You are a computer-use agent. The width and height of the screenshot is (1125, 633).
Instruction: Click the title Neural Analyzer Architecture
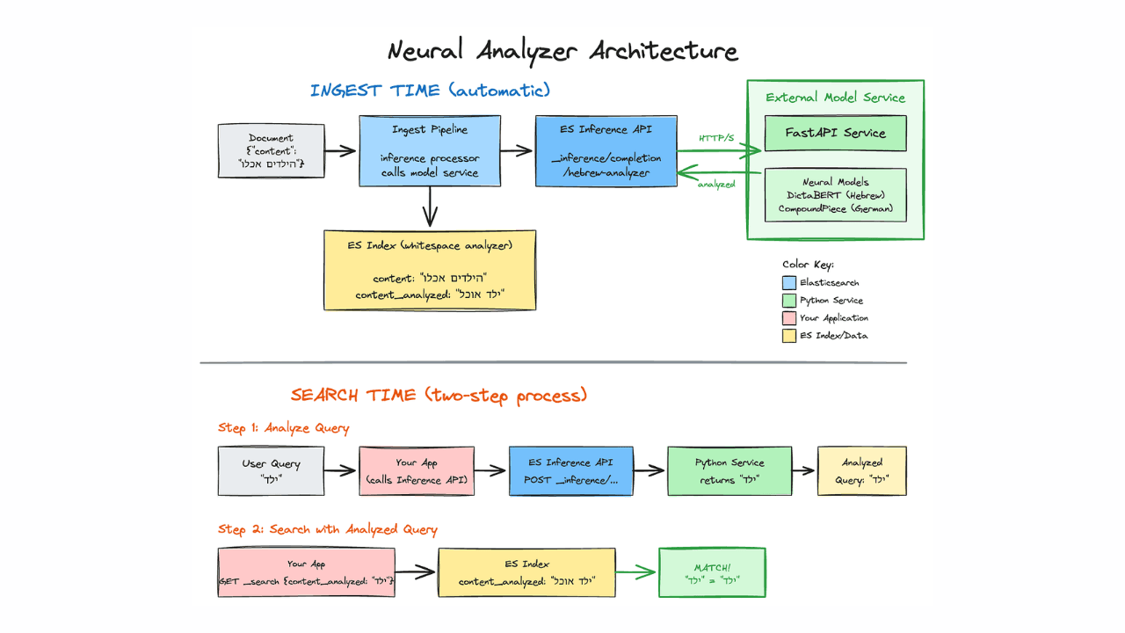pyautogui.click(x=562, y=50)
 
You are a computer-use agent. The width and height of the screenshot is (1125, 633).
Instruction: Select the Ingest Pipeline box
pyautogui.click(x=430, y=150)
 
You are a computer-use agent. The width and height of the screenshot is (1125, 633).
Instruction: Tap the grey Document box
pyautogui.click(x=271, y=150)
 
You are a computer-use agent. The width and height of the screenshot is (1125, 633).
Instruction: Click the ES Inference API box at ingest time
pyautogui.click(x=606, y=150)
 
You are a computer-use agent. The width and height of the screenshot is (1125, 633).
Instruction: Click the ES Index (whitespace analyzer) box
pyautogui.click(x=430, y=270)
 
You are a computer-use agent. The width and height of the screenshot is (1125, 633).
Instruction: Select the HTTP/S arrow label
pyautogui.click(x=716, y=138)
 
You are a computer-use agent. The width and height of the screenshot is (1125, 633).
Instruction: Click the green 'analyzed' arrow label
pyautogui.click(x=715, y=184)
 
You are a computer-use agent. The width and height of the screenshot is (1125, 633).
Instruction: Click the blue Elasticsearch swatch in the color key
pyautogui.click(x=788, y=283)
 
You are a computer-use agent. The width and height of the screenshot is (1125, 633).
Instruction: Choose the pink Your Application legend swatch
pyautogui.click(x=788, y=318)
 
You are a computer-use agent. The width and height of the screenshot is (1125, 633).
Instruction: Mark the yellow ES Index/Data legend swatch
pyautogui.click(x=788, y=336)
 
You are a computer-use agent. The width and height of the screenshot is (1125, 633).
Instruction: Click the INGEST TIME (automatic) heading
pyautogui.click(x=430, y=91)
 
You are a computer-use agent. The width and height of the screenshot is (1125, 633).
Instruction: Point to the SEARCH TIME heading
pyautogui.click(x=439, y=395)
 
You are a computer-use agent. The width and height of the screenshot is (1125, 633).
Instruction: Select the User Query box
pyautogui.click(x=271, y=471)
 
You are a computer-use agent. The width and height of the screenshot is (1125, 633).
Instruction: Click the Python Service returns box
pyautogui.click(x=729, y=471)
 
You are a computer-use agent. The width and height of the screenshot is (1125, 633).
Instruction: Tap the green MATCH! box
pyautogui.click(x=712, y=572)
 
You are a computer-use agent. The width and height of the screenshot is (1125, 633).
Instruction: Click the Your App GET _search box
pyautogui.click(x=306, y=572)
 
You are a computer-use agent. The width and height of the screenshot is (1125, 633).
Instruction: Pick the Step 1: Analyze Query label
pyautogui.click(x=284, y=428)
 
